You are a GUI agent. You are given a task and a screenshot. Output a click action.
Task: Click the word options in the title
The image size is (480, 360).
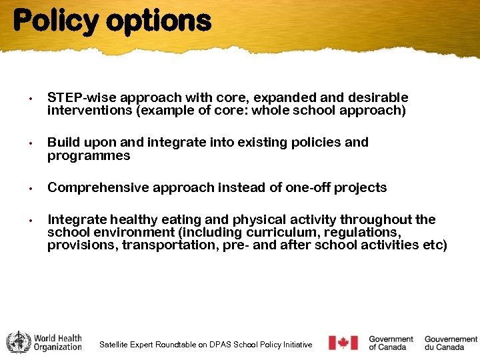coord(159,21)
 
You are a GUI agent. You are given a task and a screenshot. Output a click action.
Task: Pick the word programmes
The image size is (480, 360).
coord(89,155)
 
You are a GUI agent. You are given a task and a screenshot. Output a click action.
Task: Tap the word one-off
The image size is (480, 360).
coord(309,187)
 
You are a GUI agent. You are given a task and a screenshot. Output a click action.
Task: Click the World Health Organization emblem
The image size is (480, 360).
coord(19,342)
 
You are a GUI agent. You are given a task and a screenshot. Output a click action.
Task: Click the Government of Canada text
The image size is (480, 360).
coord(391,343)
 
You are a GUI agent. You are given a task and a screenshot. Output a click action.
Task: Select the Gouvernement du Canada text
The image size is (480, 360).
coord(451,343)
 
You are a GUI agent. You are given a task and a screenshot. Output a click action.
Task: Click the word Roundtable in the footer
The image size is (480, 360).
coord(181,345)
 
